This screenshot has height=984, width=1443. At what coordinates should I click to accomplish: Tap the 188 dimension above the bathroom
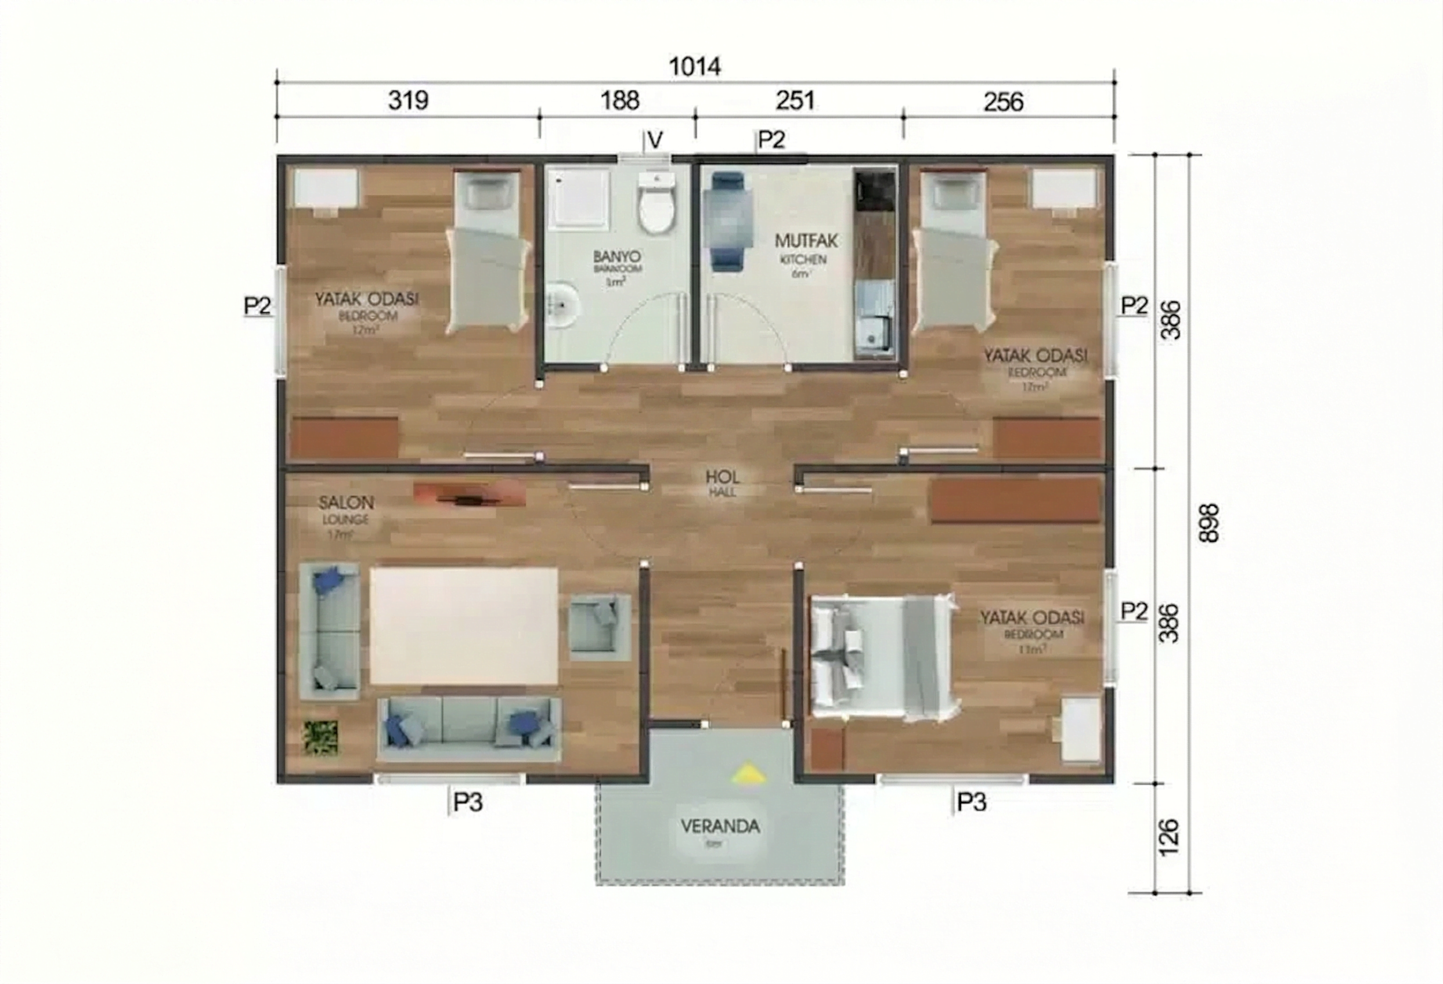620,100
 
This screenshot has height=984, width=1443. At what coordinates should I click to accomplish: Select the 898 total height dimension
1209,523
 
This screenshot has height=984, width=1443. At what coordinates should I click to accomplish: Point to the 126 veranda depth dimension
1168,837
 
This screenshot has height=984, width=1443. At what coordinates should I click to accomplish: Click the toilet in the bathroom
656,205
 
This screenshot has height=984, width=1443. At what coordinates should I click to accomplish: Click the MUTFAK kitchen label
806,240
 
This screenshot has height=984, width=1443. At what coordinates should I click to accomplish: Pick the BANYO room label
616,256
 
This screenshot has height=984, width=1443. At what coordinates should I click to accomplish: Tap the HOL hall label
722,477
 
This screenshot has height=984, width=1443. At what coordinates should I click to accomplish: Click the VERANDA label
720,826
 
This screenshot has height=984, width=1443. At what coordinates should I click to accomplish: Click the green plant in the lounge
321,737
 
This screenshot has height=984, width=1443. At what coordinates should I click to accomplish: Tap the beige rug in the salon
464,625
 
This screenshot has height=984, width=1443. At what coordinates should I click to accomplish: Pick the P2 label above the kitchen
772,140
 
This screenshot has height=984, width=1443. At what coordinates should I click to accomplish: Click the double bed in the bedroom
882,658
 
